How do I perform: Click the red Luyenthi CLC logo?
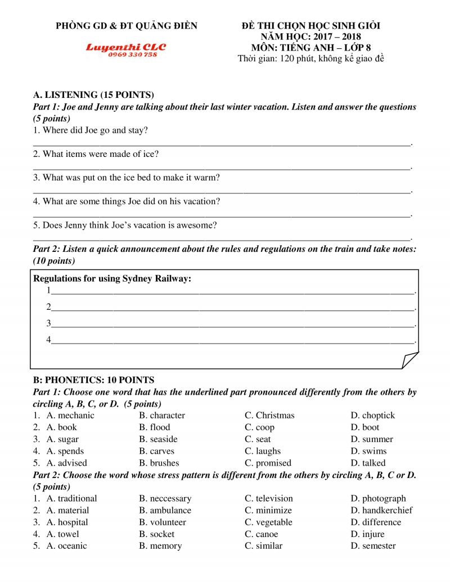[x=126, y=47]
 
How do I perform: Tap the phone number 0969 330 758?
[x=133, y=55]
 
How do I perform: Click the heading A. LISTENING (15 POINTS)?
[x=93, y=94]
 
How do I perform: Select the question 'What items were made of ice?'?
[x=96, y=154]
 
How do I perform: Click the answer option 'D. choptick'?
[x=372, y=416]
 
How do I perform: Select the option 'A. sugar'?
[x=62, y=439]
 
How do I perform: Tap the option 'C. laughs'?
[x=263, y=451]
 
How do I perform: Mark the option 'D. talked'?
[x=368, y=463]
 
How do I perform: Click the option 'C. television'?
[x=268, y=498]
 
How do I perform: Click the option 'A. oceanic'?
[x=66, y=545]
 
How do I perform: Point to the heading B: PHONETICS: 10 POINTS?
[x=93, y=380]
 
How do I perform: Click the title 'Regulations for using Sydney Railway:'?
[x=112, y=278]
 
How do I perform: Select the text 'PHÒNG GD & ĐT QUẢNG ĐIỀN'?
[x=127, y=26]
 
